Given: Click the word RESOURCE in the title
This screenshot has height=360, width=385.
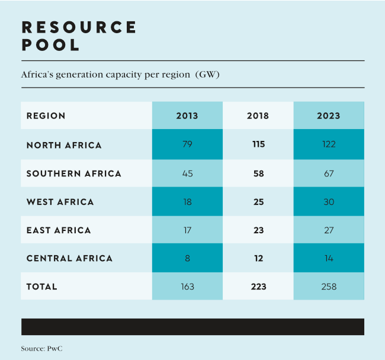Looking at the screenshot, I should [79, 27].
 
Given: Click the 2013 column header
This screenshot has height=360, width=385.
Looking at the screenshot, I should [187, 115].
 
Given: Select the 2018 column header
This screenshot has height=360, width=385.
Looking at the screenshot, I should [258, 115].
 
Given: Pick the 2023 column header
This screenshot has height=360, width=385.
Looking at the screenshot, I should [329, 115].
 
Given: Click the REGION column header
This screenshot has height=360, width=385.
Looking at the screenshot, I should [46, 115].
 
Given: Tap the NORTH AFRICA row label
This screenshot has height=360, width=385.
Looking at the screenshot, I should [64, 145].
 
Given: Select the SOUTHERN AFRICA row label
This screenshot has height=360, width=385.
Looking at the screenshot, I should [74, 173].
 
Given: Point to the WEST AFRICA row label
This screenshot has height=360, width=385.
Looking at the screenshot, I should [60, 202].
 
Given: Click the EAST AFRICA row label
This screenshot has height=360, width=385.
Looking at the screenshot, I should [59, 230].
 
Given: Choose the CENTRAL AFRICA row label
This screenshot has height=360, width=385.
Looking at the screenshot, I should [69, 258].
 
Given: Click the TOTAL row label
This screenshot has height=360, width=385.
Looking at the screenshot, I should [42, 287].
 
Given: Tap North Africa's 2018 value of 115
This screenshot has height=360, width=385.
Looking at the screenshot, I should [258, 144].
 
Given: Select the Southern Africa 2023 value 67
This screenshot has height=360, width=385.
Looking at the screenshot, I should [329, 173].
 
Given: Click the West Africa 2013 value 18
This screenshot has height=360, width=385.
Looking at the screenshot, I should [187, 202].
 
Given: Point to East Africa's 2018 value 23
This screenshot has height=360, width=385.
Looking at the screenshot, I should [258, 230].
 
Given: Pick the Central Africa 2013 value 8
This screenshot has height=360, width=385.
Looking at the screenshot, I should [187, 258].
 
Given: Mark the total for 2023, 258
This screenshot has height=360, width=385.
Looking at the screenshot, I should [329, 287].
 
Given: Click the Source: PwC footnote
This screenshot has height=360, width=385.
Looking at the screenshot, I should [41, 349].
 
